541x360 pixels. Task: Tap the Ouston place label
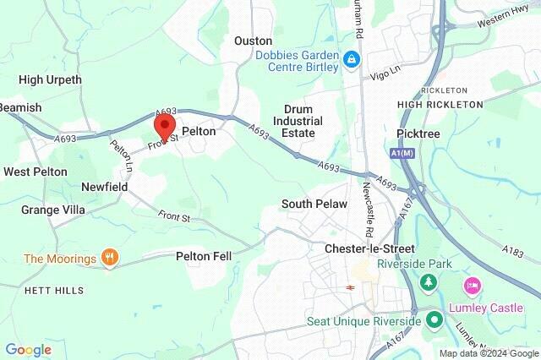pyautogui.click(x=253, y=41)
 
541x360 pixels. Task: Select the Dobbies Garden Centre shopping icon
pyautogui.click(x=352, y=60)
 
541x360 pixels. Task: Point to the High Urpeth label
pyautogui.click(x=50, y=80)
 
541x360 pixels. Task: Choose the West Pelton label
pyautogui.click(x=35, y=172)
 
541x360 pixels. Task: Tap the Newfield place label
pyautogui.click(x=104, y=186)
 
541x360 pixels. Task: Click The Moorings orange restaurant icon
pyautogui.click(x=108, y=258)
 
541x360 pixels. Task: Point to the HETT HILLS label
pyautogui.click(x=53, y=291)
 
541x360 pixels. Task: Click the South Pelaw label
pyautogui.click(x=314, y=205)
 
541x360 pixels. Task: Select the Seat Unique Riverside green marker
pyautogui.click(x=434, y=320)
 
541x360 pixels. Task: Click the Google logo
pyautogui.click(x=28, y=350)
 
